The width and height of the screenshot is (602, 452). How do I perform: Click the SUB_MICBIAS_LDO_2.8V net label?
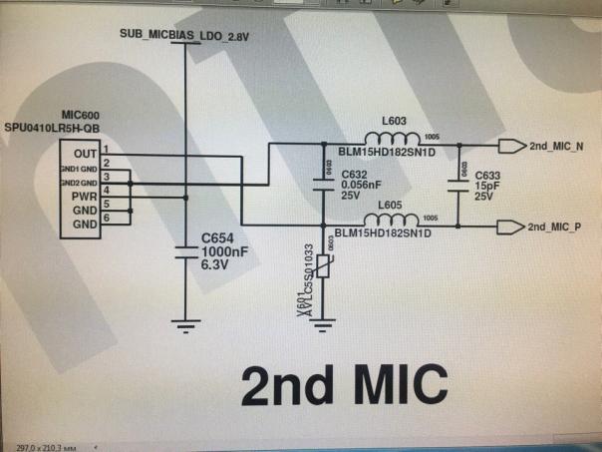(183, 35)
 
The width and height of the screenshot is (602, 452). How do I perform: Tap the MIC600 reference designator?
(78, 118)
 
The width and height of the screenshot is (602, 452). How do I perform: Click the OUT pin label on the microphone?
(86, 154)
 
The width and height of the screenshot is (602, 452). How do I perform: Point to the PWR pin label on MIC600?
(84, 197)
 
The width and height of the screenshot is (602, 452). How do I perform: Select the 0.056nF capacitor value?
(361, 185)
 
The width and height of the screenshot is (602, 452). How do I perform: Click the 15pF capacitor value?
(485, 184)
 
